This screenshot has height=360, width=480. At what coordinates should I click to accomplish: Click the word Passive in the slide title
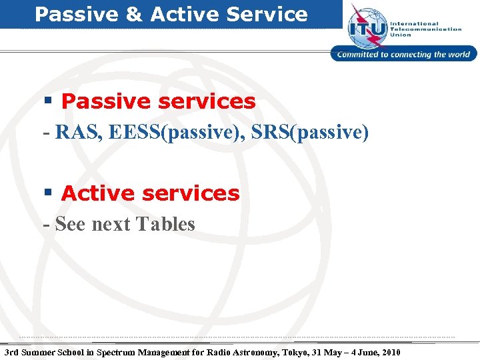tap(74, 14)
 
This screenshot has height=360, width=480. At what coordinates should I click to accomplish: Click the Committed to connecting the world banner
tap(404, 55)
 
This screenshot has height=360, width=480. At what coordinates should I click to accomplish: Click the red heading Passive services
tap(158, 101)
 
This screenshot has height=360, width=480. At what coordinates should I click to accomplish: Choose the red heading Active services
tap(150, 193)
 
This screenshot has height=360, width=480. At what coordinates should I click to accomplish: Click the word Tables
tap(165, 224)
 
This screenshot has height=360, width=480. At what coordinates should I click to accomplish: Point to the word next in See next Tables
tap(111, 224)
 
